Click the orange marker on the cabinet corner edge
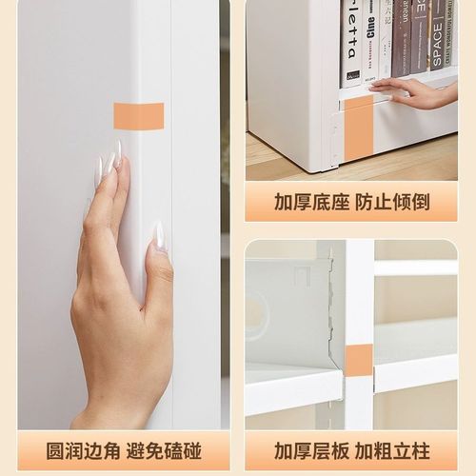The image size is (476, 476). click(138, 116)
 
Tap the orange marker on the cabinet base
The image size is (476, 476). click(358, 127)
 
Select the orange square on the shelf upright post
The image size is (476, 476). click(358, 360)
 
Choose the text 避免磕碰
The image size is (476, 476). click(171, 450)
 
